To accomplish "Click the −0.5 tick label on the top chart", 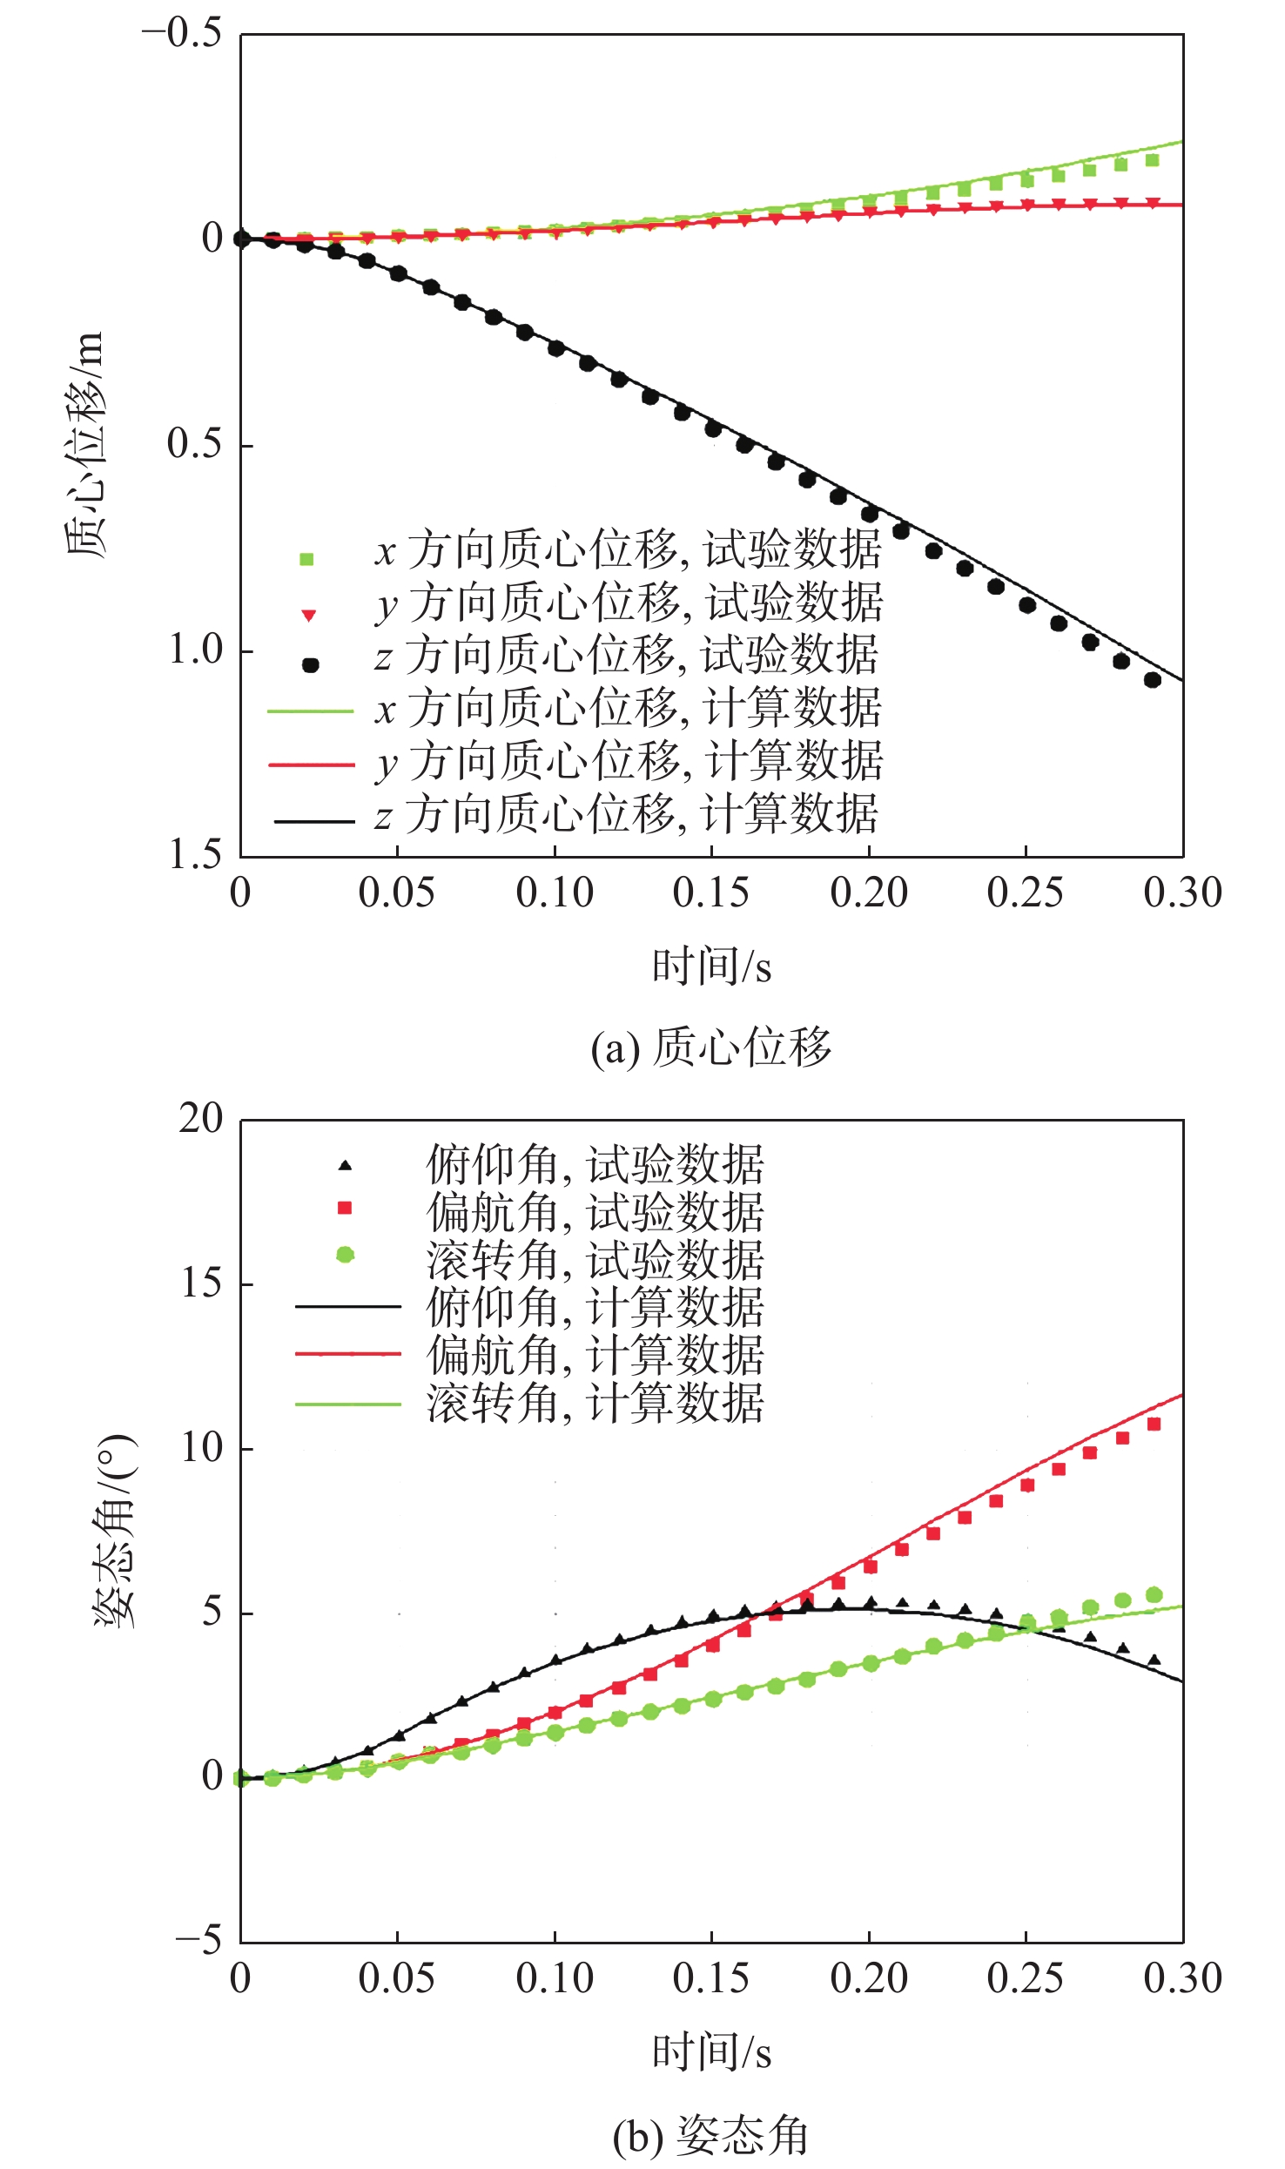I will click(x=181, y=35).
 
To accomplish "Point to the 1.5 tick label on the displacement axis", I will click(x=194, y=855).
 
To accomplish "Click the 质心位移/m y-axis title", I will click(x=85, y=444).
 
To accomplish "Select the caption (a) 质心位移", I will click(x=711, y=1047).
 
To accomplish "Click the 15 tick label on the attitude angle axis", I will click(x=201, y=1283).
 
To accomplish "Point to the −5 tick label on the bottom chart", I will click(x=198, y=1941).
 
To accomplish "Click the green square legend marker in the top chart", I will click(x=306, y=560).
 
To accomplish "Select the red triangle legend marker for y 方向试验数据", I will click(x=308, y=616).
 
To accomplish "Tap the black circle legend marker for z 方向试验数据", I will click(x=310, y=665).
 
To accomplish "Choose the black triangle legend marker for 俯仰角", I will click(x=346, y=1165).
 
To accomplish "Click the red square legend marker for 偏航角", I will click(x=345, y=1208).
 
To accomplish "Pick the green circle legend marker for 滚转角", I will click(x=346, y=1255).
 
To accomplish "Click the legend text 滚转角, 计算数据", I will click(x=595, y=1404).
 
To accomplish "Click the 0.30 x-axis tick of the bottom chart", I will click(x=1182, y=1978).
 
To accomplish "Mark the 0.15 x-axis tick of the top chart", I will click(x=711, y=893).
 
